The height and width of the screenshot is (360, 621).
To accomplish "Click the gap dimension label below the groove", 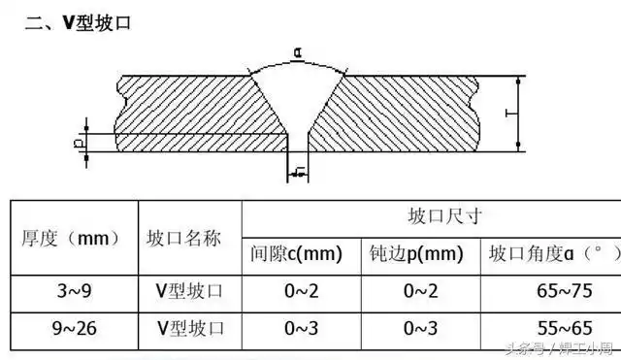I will (298, 174).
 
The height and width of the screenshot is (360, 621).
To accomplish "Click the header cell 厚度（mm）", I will (72, 238).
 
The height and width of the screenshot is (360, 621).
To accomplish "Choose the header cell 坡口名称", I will (189, 238).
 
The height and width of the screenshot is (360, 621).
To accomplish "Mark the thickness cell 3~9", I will (72, 291).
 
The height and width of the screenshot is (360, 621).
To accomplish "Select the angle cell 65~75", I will (552, 291).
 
